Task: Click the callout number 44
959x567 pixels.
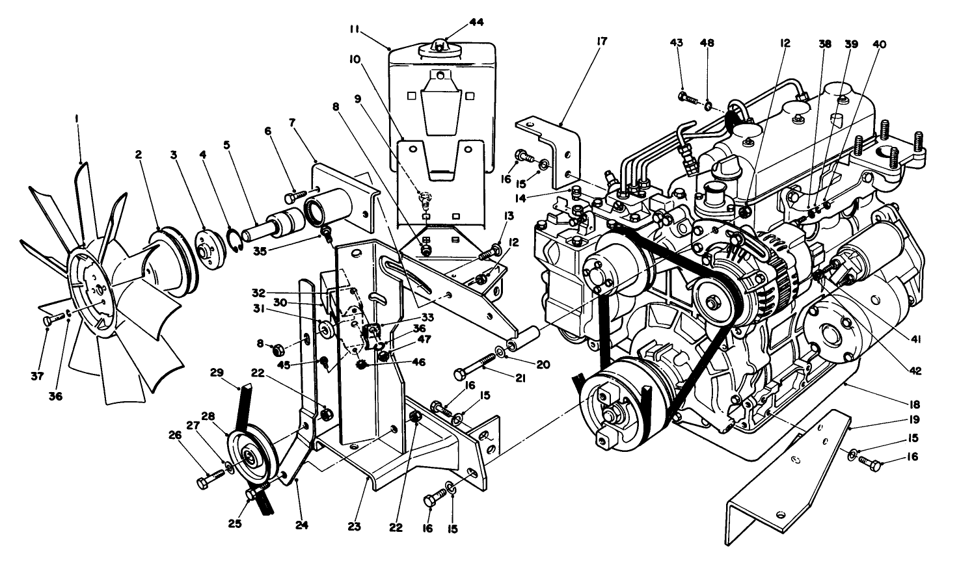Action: point(476,22)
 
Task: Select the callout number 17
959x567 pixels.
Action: point(601,42)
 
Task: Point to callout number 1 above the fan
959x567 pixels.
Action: point(77,119)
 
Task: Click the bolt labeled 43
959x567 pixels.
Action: point(687,98)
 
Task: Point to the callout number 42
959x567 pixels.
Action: point(915,372)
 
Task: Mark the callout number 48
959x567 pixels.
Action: point(707,43)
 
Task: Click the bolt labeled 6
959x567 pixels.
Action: point(293,193)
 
